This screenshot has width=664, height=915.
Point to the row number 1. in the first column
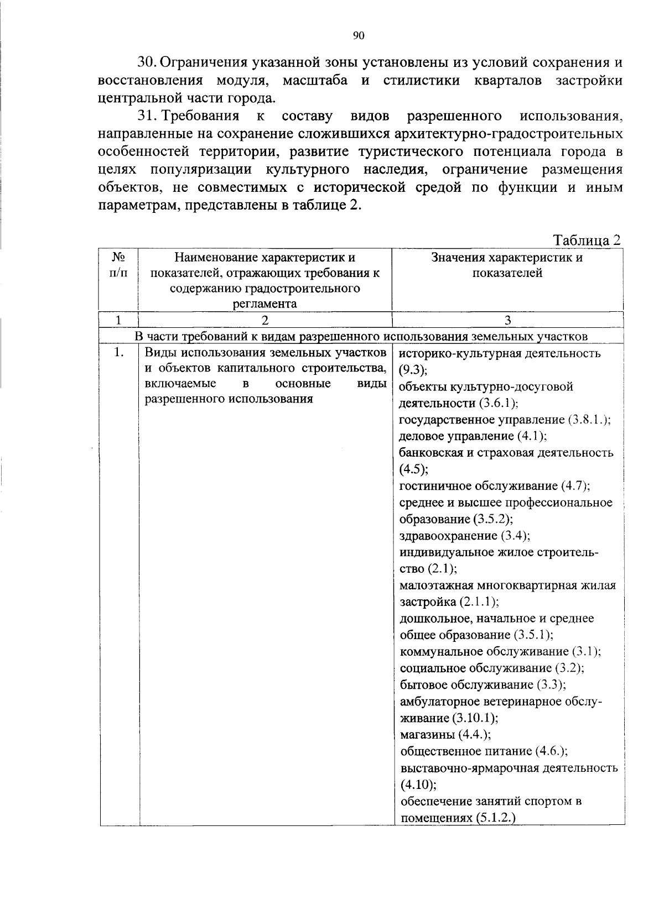point(118,353)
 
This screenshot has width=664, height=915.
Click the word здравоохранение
point(448,536)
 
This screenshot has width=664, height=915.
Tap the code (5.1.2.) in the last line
point(495,818)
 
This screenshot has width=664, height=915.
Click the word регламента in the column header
point(264,304)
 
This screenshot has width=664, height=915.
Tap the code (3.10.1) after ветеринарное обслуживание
point(475,718)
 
